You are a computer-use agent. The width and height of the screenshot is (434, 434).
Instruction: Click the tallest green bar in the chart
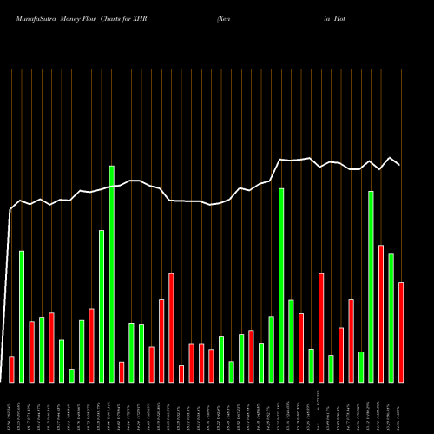click(111, 273)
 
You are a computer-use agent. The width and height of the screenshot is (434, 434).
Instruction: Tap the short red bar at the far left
click(11, 369)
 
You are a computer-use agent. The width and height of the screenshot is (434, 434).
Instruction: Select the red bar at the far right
click(401, 332)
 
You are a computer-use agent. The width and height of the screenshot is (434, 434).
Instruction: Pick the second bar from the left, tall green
click(22, 316)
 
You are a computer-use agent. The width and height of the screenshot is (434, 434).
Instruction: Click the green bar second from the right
click(391, 318)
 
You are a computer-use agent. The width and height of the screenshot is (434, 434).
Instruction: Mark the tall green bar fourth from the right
click(371, 286)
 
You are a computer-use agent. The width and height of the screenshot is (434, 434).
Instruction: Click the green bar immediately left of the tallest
click(102, 306)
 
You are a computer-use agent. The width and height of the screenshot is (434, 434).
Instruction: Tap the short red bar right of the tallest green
click(122, 372)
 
